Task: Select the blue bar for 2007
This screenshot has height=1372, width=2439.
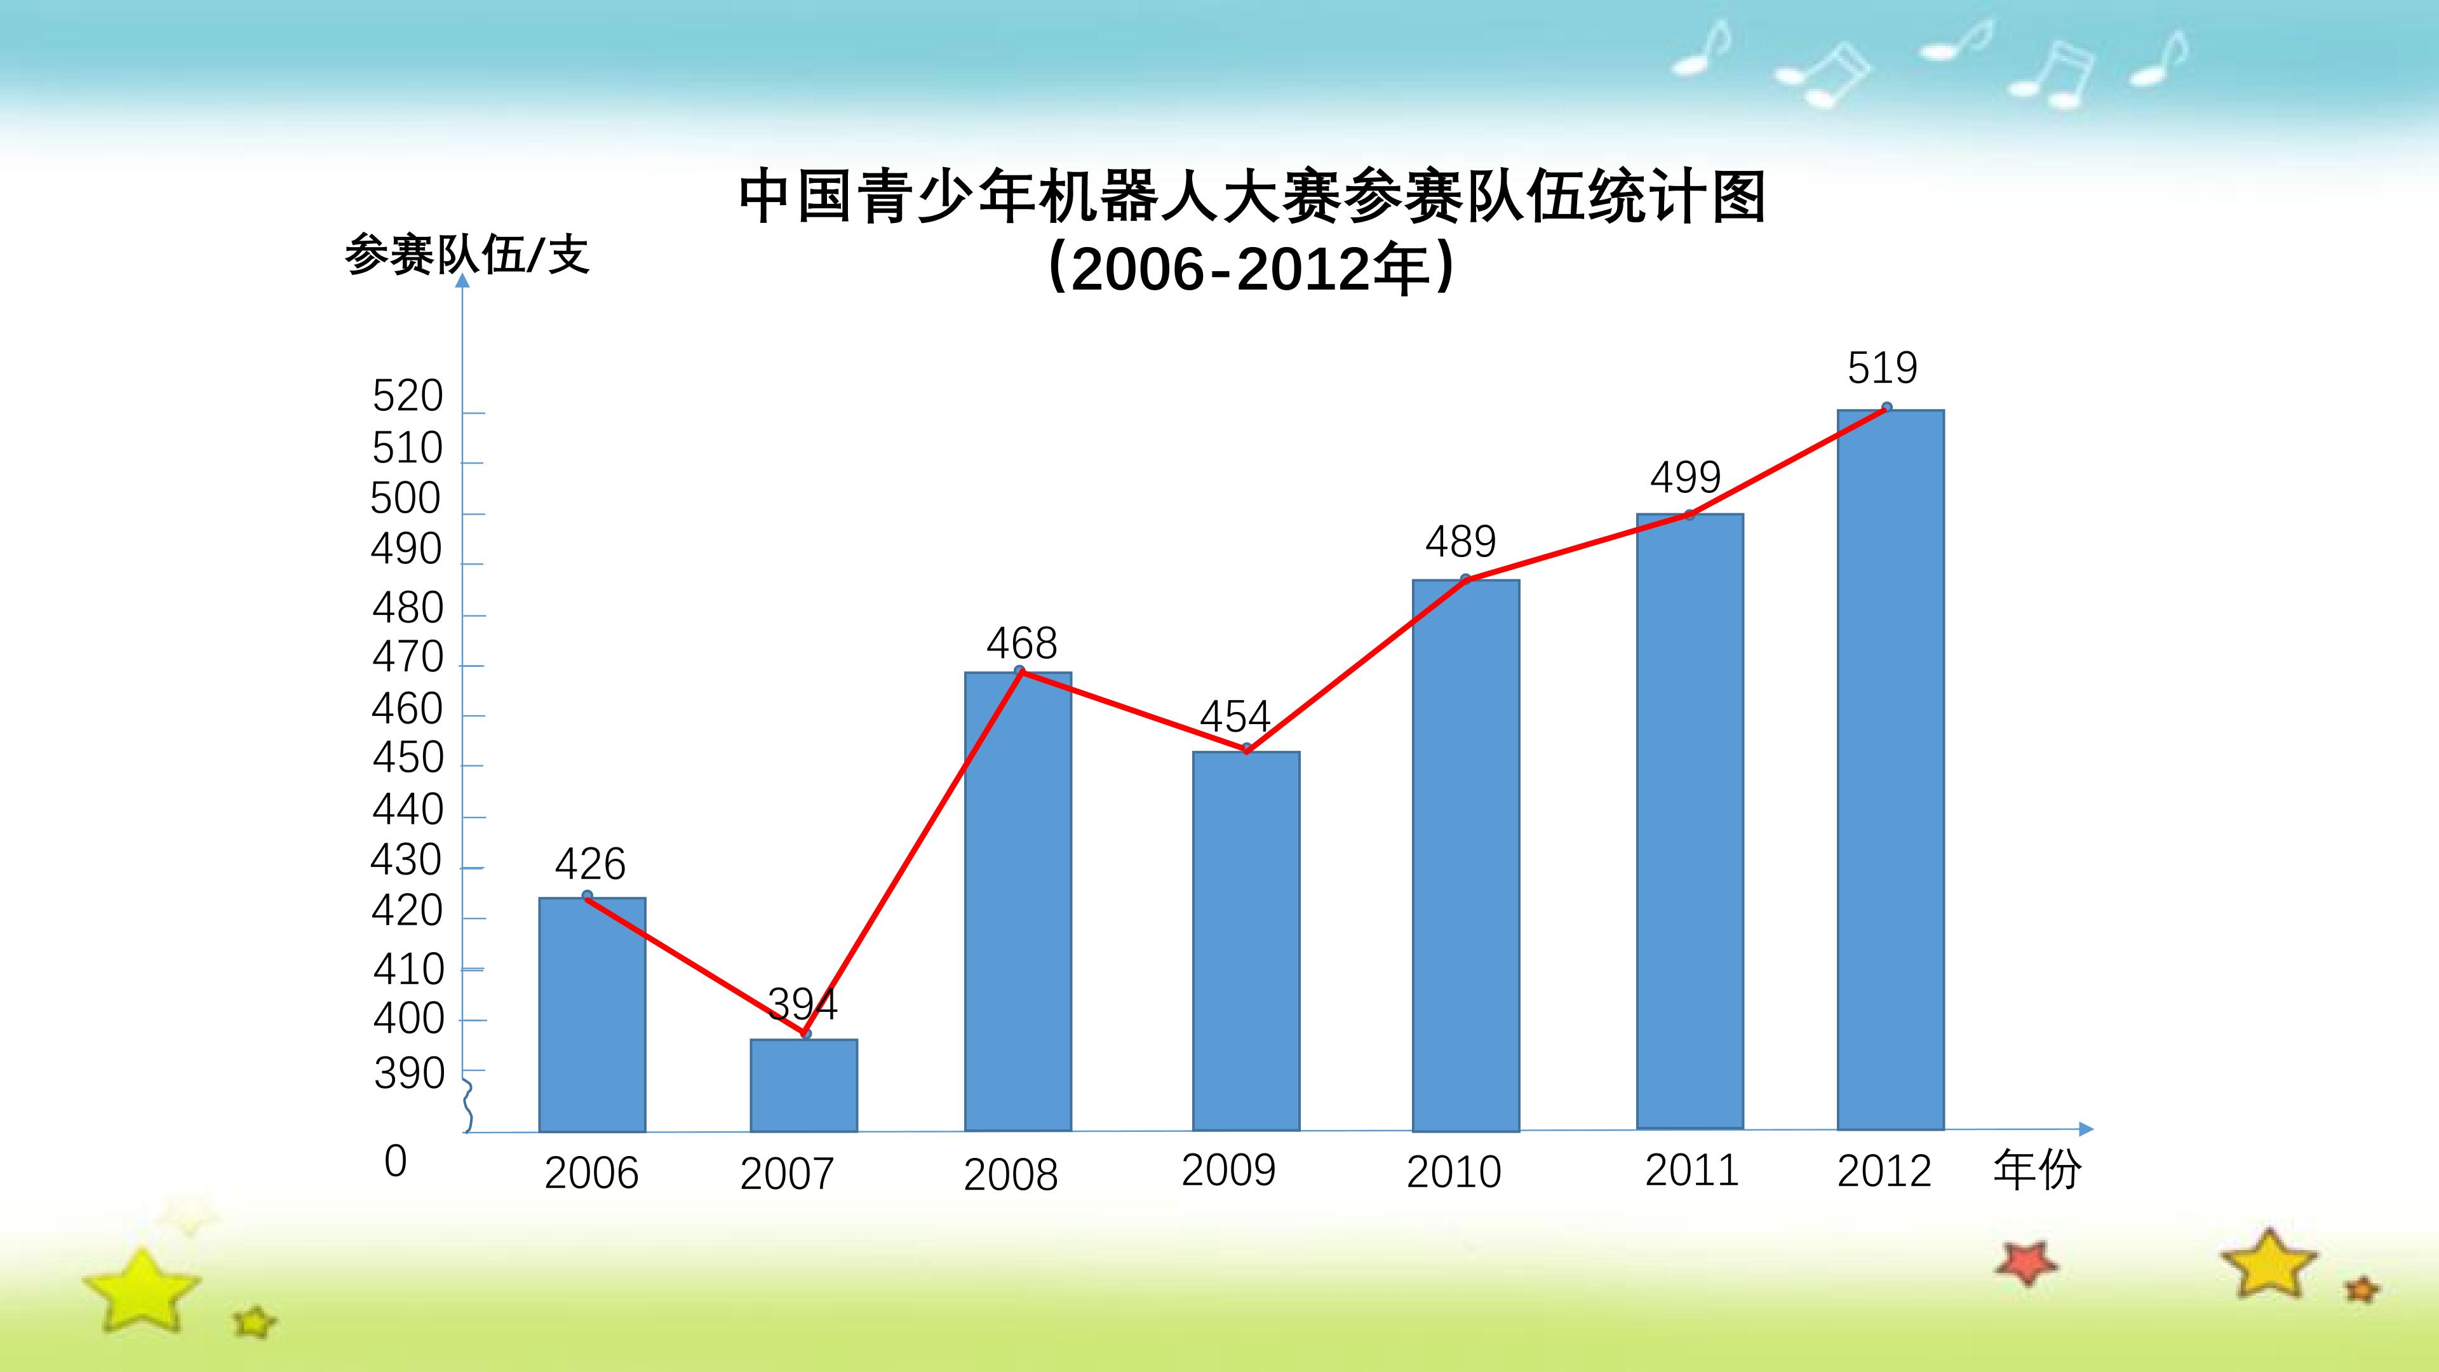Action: pyautogui.click(x=804, y=1085)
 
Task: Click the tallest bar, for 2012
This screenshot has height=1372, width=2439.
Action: pyautogui.click(x=1891, y=770)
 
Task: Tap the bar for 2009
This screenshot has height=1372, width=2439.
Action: pyautogui.click(x=1246, y=941)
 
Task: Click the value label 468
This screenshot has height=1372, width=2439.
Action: pyautogui.click(x=1021, y=644)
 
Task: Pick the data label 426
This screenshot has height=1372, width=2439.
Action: pyautogui.click(x=590, y=864)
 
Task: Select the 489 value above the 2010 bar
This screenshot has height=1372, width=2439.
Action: pyautogui.click(x=1461, y=542)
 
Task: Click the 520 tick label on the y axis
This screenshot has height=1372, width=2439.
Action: pyautogui.click(x=407, y=396)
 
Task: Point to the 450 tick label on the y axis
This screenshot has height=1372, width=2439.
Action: pyautogui.click(x=408, y=758)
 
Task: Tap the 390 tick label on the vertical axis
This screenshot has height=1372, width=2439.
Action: pyautogui.click(x=409, y=1073)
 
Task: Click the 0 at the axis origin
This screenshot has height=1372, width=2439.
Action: pyautogui.click(x=396, y=1161)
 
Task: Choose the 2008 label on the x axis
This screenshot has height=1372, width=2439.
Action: pyautogui.click(x=1011, y=1175)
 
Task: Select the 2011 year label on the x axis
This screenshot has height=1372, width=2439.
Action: pyautogui.click(x=1692, y=1170)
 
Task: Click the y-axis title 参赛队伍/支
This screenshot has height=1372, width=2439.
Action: pyautogui.click(x=467, y=255)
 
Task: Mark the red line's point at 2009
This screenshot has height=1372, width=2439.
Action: pyautogui.click(x=1247, y=749)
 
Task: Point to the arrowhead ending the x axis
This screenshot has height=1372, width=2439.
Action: pyautogui.click(x=2086, y=1129)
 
